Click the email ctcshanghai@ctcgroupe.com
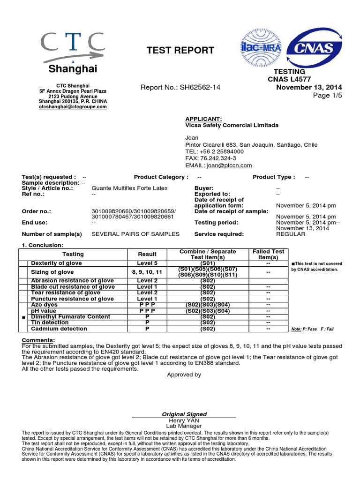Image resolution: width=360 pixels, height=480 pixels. (73, 107)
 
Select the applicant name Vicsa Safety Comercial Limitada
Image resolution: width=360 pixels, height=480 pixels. (232, 125)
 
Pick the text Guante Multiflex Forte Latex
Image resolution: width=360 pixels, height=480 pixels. (129, 188)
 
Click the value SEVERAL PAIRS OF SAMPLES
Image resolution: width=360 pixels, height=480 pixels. (135, 234)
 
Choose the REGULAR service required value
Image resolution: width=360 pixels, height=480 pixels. (290, 234)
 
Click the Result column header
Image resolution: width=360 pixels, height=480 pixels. (147, 254)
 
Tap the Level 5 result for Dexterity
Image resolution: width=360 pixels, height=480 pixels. (147, 263)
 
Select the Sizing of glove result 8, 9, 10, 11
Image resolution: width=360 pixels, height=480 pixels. (147, 272)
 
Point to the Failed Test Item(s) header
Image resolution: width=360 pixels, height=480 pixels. (268, 255)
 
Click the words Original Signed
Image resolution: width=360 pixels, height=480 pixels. (184, 414)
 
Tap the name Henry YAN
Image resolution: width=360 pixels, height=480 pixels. (184, 420)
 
